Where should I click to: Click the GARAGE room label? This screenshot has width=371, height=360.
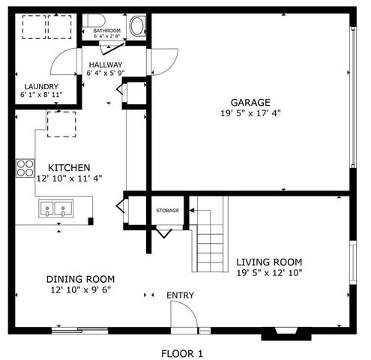click(250, 103)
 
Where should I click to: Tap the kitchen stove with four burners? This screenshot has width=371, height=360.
click(25, 168)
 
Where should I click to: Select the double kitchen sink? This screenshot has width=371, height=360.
click(55, 208)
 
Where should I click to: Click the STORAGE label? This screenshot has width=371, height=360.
click(168, 211)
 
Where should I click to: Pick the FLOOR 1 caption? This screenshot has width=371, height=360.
click(182, 354)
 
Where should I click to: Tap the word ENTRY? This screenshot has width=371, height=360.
click(180, 295)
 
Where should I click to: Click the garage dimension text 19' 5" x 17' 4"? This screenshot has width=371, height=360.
click(250, 113)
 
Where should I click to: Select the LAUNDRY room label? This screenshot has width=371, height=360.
click(41, 87)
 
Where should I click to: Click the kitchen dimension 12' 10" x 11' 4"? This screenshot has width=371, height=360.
click(69, 178)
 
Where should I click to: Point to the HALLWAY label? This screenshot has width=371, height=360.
click(106, 64)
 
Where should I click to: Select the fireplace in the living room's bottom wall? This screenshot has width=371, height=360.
click(286, 333)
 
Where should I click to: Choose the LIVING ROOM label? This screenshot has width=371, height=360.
click(269, 262)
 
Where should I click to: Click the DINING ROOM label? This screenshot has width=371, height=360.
click(80, 279)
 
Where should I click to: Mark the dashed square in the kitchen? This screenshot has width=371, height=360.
click(61, 124)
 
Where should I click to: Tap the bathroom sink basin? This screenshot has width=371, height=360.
click(137, 26)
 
